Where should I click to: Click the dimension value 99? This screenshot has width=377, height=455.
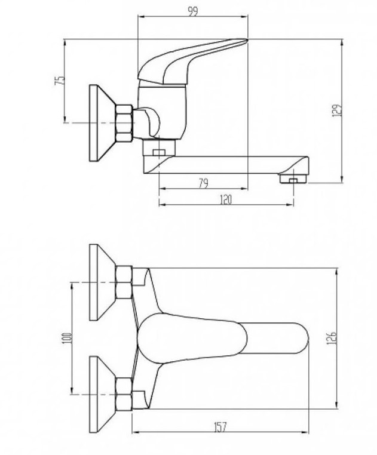(x=193, y=11)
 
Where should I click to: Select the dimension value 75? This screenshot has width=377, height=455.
(x=60, y=81)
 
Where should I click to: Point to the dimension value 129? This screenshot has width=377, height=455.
(x=336, y=110)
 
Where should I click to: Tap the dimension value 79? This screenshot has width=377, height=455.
(x=204, y=183)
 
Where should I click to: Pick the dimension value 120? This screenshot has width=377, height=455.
(x=226, y=199)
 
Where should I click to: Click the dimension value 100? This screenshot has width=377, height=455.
(x=67, y=338)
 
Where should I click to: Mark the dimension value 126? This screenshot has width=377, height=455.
(x=332, y=337)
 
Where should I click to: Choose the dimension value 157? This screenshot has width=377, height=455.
(x=220, y=428)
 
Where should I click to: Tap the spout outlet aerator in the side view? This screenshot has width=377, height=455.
(x=293, y=179)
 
